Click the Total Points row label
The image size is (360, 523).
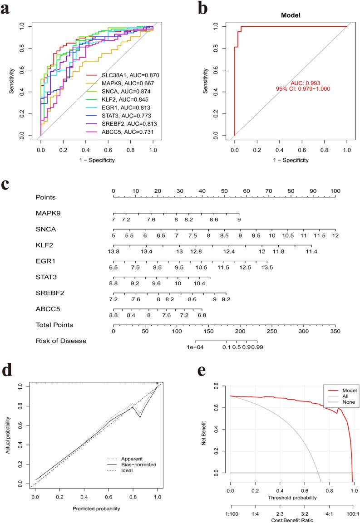pos(54,325)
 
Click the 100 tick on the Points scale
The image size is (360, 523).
pos(335,191)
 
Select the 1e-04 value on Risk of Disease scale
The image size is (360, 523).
pos(196,347)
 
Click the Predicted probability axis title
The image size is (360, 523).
pos(96,508)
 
